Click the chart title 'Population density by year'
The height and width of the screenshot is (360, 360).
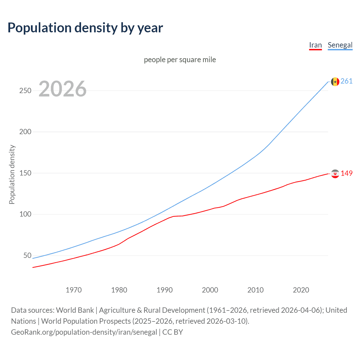click(x=85, y=28)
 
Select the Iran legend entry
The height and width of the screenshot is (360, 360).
click(x=315, y=45)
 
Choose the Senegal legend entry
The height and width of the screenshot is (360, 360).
click(x=340, y=45)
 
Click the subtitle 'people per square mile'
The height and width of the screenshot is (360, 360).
click(x=180, y=60)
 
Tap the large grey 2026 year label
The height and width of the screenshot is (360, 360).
click(x=62, y=89)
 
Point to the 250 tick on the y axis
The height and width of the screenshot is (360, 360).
click(x=25, y=91)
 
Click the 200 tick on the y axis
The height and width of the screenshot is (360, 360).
click(x=25, y=132)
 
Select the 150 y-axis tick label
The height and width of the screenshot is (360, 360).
click(x=25, y=173)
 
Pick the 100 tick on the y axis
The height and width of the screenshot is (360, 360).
click(x=25, y=214)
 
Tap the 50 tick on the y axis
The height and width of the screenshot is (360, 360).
click(x=27, y=255)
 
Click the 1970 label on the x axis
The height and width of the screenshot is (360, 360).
click(x=74, y=290)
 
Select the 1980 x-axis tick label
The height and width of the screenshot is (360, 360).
click(x=119, y=290)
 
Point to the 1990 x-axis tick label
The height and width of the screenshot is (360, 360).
click(x=165, y=290)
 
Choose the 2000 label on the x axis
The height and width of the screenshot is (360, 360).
click(x=210, y=290)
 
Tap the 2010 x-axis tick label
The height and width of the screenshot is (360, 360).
click(x=255, y=290)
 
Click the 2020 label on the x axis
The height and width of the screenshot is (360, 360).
click(x=301, y=290)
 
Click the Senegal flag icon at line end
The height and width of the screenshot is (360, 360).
click(x=335, y=82)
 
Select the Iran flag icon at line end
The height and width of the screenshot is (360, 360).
click(x=335, y=174)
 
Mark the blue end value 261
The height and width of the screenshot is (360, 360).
click(x=346, y=81)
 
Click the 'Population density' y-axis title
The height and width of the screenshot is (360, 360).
click(x=12, y=174)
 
